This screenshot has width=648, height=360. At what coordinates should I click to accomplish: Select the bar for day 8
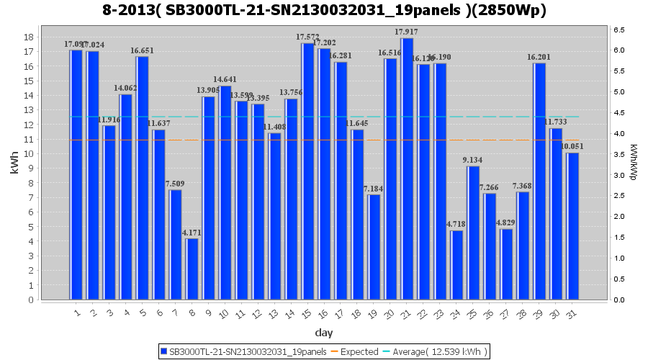[x=192, y=269]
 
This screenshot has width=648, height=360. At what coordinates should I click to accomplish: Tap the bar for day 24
[x=456, y=265]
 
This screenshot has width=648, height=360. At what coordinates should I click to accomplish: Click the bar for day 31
[x=572, y=226]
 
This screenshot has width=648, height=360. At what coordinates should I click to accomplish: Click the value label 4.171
[x=192, y=233]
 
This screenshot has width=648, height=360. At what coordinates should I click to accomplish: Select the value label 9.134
[x=473, y=160]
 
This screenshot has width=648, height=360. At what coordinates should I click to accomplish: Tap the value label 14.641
[x=225, y=79]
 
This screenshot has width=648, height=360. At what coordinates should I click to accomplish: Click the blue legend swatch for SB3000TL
[x=164, y=351]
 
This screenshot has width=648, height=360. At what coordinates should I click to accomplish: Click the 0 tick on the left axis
[x=30, y=300]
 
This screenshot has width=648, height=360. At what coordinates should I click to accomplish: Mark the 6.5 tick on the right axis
[x=620, y=30]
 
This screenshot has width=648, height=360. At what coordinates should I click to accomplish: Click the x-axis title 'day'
[x=323, y=333]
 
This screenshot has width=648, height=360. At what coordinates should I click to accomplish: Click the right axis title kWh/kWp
[x=633, y=162]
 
